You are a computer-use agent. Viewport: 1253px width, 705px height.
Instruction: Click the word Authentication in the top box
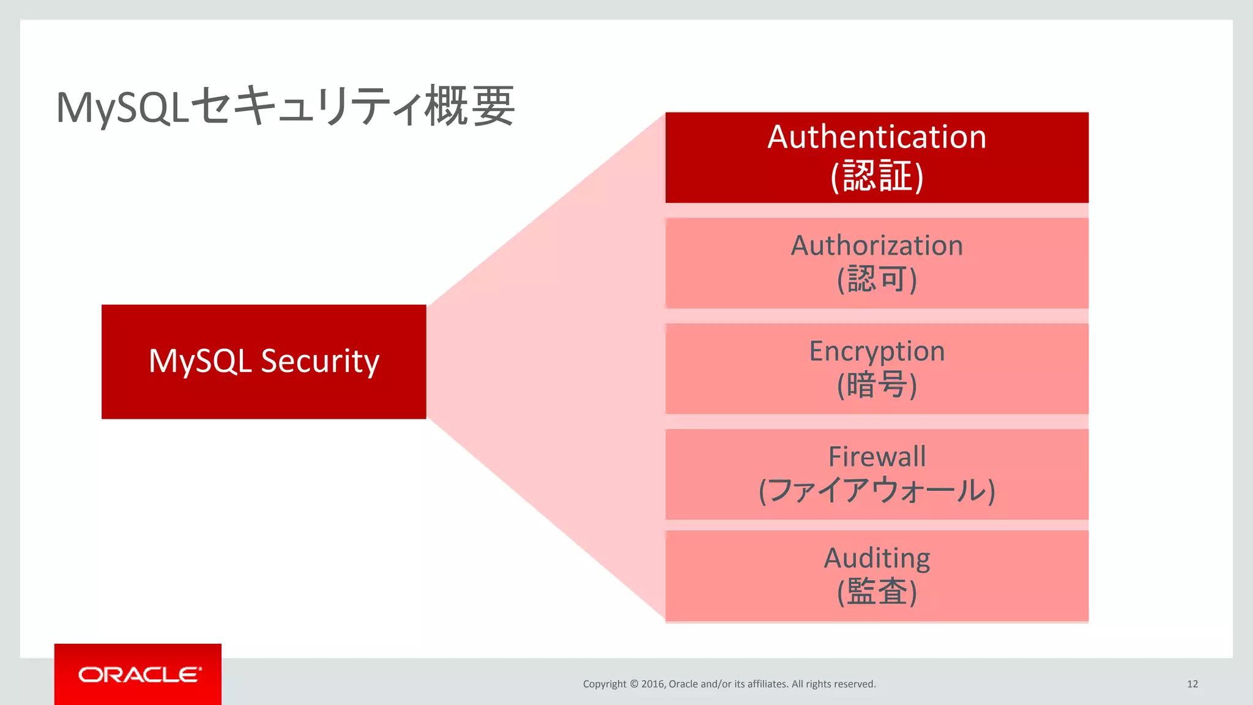877,136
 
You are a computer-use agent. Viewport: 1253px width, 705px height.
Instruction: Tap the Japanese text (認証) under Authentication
877,176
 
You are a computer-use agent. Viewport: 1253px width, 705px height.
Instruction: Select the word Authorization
877,245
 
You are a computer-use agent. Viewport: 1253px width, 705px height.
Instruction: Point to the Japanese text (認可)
877,280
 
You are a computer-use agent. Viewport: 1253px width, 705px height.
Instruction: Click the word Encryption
877,351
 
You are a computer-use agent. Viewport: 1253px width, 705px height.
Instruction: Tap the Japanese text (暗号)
877,386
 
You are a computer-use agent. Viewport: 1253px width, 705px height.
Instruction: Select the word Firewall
877,457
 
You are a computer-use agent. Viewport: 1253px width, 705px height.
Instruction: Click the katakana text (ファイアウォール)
877,491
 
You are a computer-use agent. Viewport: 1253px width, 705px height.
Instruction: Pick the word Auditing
877,558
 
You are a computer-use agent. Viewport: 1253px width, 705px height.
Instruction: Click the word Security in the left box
320,361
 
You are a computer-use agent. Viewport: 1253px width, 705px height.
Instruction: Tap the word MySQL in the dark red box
200,361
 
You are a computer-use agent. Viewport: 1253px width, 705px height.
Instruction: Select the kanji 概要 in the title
469,106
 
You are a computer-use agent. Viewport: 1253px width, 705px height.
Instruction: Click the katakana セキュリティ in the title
306,106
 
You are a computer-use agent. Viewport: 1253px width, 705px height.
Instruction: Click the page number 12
1192,684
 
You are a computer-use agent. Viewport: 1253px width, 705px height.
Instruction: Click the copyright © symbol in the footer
634,684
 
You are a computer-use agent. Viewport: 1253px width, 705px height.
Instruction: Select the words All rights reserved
833,684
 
